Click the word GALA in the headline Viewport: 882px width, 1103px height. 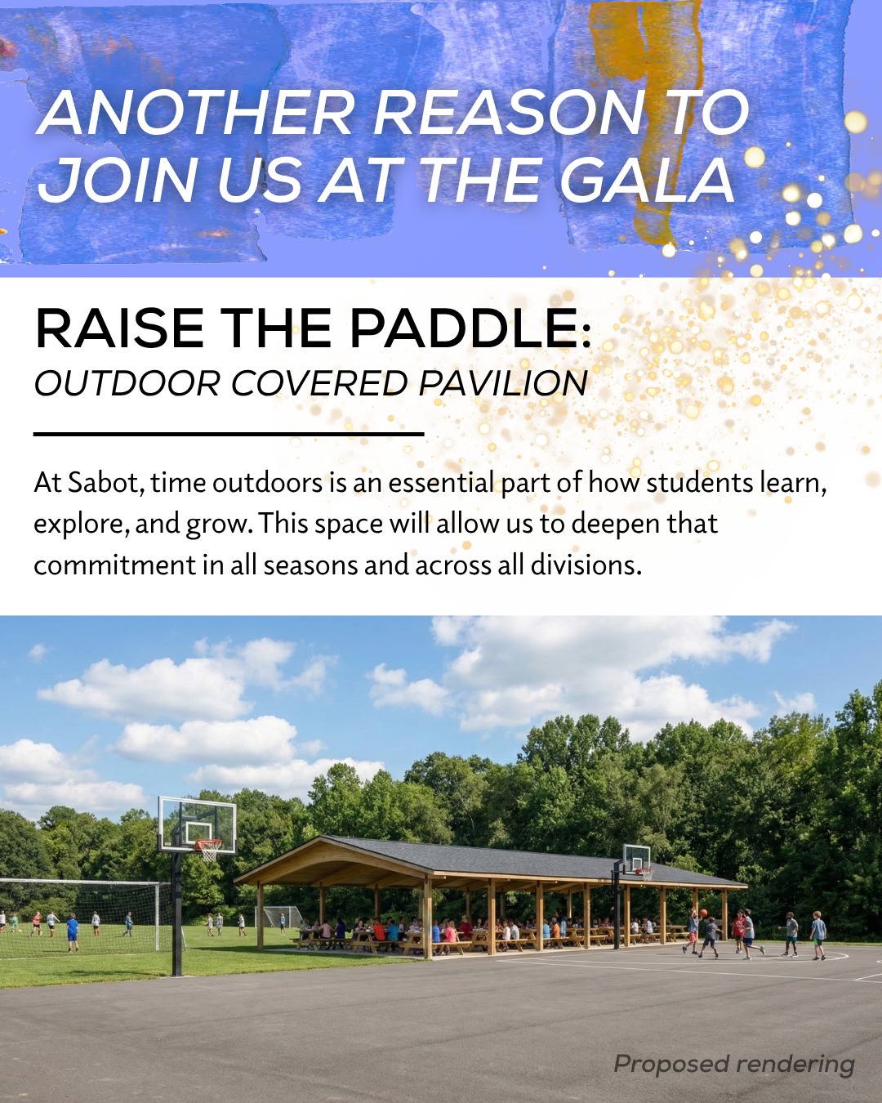point(646,180)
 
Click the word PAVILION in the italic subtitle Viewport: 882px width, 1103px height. point(503,383)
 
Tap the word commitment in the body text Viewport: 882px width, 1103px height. point(115,566)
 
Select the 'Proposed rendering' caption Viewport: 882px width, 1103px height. point(734,1064)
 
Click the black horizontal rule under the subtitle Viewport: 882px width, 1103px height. point(229,434)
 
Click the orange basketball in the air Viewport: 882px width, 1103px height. point(703,913)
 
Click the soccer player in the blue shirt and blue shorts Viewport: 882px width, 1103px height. point(72,932)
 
